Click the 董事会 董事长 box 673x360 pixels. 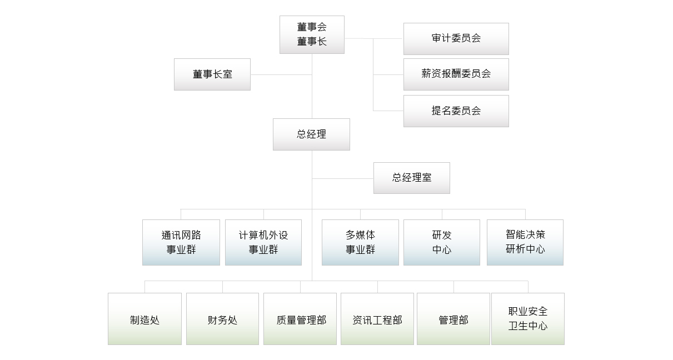(x=312, y=34)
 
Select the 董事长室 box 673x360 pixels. (x=212, y=74)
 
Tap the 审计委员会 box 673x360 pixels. (x=456, y=39)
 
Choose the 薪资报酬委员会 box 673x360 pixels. (x=456, y=74)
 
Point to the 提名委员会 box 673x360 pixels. (x=456, y=111)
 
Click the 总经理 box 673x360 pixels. (x=311, y=134)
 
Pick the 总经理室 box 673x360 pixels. (x=411, y=178)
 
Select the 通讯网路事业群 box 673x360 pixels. (x=181, y=242)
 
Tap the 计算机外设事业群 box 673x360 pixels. (x=263, y=242)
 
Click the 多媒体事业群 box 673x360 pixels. (x=360, y=242)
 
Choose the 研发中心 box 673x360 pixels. (x=442, y=242)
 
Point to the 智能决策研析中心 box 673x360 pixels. (x=525, y=242)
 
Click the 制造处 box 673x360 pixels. (x=144, y=319)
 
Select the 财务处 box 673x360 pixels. (x=222, y=319)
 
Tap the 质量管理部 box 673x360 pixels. (x=300, y=319)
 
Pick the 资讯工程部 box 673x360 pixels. (x=377, y=319)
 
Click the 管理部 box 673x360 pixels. (x=453, y=319)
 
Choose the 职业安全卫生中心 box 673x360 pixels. (x=528, y=319)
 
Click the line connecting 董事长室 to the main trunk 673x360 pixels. (x=281, y=74)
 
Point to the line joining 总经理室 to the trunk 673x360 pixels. (x=342, y=178)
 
